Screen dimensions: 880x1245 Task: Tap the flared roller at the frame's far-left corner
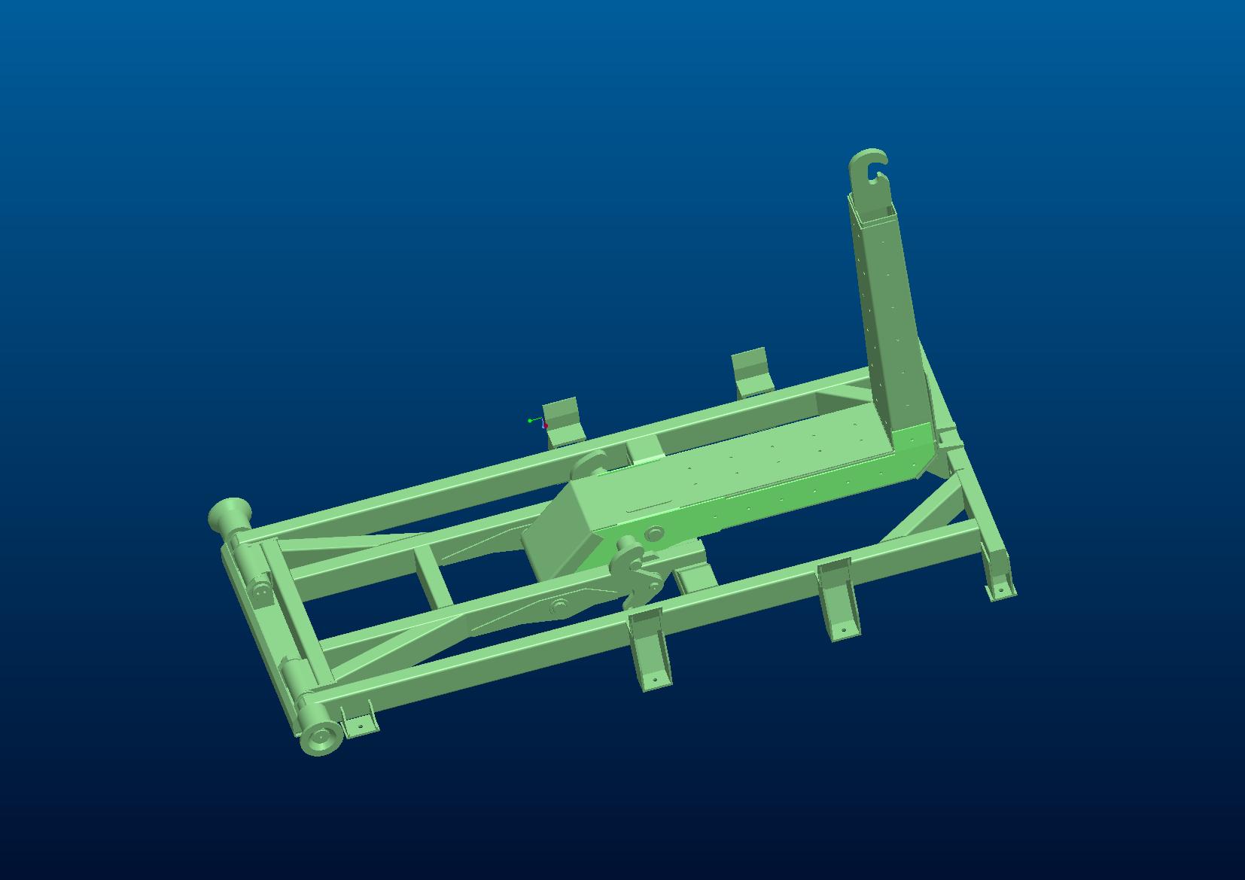(x=225, y=516)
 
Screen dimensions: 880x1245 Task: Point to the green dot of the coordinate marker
(x=530, y=421)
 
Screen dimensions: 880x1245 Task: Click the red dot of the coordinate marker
(x=546, y=426)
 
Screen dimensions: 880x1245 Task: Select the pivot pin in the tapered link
(x=559, y=605)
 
